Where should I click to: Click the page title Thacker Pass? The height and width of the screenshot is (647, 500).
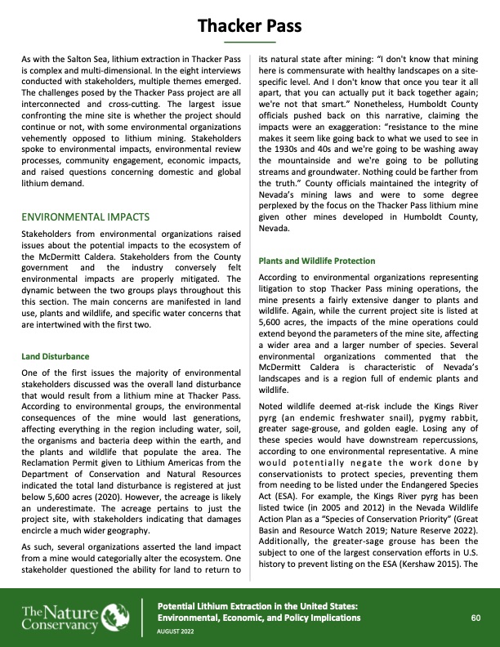249,27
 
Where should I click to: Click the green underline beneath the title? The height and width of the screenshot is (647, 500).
249,41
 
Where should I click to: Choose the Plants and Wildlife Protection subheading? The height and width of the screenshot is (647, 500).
316,261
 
